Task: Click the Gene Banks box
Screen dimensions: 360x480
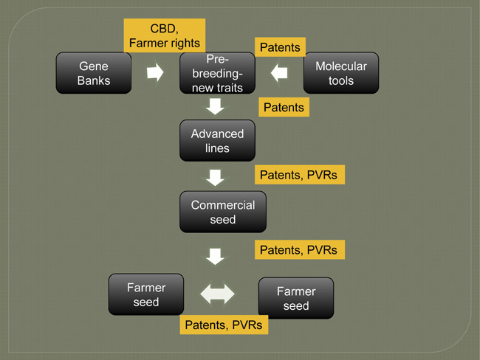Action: [x=93, y=72]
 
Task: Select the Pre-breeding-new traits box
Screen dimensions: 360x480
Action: [x=217, y=72]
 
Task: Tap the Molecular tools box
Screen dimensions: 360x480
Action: [x=340, y=72]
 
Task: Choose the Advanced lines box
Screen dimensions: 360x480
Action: [x=217, y=140]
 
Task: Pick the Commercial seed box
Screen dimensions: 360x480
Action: [x=222, y=212]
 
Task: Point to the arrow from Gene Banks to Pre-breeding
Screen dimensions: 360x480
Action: [x=155, y=72]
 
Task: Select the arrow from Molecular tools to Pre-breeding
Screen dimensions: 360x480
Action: [x=278, y=72]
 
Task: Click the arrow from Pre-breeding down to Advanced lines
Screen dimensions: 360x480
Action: [x=216, y=107]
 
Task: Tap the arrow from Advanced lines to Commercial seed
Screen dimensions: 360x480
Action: [x=216, y=178]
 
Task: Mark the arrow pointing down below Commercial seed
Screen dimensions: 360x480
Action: [x=216, y=256]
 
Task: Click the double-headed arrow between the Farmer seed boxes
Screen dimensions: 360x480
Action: [x=218, y=294]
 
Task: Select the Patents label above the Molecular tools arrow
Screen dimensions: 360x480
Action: [x=281, y=47]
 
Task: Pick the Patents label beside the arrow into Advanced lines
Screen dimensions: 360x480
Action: [x=284, y=107]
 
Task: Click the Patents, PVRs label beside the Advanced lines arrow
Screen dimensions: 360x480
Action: [x=300, y=175]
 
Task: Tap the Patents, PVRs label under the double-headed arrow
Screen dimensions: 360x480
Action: [x=224, y=325]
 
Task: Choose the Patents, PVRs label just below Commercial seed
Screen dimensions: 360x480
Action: [x=298, y=250]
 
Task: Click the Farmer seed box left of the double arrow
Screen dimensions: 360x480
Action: [x=145, y=294]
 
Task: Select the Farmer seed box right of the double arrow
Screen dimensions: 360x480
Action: [x=295, y=298]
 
